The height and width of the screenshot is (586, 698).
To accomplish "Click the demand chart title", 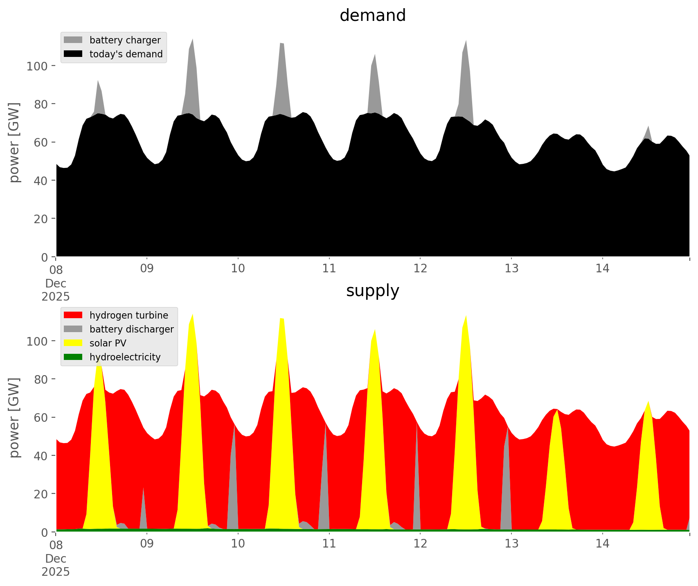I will point(372,16).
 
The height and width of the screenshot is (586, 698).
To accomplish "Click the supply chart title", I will point(372,291).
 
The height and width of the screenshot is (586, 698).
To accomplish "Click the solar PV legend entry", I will point(108,343).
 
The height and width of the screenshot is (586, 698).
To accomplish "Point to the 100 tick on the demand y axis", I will point(37,66).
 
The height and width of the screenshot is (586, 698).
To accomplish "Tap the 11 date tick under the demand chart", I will point(329,269).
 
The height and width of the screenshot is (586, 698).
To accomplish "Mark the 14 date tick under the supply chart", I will point(602,544).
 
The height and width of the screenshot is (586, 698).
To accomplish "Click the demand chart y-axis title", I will point(14,142).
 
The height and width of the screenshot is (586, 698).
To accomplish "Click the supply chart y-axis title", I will point(14,417).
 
